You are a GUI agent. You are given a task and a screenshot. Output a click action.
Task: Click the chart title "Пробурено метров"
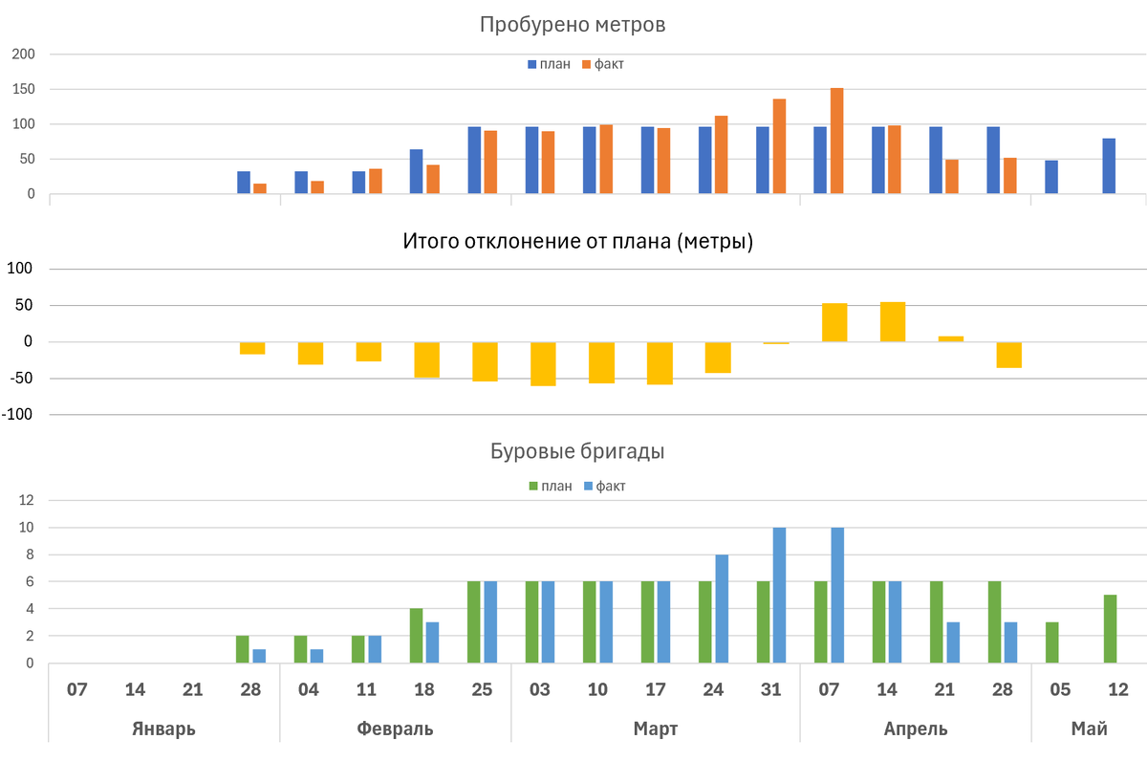(572, 25)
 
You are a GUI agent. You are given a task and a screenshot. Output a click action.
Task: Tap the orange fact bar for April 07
(836, 141)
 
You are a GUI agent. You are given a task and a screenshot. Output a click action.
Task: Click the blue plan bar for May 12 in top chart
(1109, 166)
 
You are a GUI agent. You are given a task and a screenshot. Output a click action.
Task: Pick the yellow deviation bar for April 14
(893, 322)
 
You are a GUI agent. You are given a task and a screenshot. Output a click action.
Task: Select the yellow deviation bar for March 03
(544, 363)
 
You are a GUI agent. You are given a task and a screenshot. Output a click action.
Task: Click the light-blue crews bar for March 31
(779, 595)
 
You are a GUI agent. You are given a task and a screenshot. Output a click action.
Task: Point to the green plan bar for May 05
(1050, 642)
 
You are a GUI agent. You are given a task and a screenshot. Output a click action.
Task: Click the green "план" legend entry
(550, 487)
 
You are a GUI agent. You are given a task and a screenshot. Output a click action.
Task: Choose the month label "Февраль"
(395, 728)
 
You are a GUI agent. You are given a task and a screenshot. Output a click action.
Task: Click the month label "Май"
(1089, 728)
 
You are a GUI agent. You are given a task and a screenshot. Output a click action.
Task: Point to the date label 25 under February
(482, 689)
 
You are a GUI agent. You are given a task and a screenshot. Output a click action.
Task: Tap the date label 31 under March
(770, 689)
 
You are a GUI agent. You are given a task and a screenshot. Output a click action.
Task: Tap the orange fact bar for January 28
(260, 188)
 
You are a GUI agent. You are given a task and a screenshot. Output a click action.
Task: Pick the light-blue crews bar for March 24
(722, 608)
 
